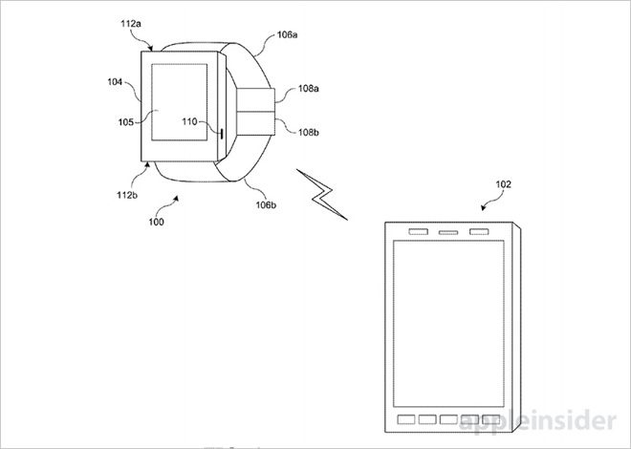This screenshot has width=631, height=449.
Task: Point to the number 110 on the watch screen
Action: click(x=189, y=122)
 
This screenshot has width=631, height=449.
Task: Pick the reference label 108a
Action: click(x=309, y=89)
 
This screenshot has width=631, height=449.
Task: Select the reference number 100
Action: click(x=155, y=223)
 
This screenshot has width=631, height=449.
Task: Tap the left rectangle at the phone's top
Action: click(x=418, y=232)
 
